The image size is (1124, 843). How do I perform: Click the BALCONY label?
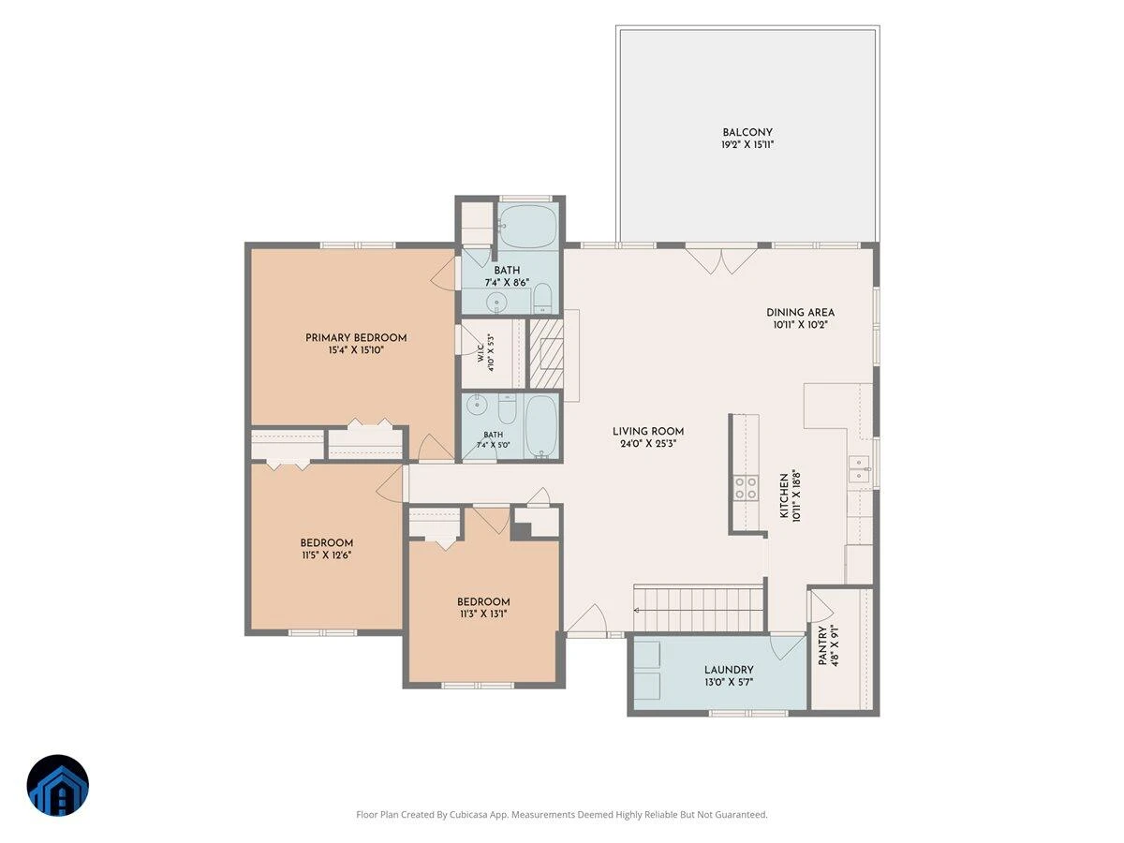point(747,132)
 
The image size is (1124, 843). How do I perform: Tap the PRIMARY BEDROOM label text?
point(356,338)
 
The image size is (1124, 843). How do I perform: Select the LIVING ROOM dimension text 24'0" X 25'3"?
point(648,444)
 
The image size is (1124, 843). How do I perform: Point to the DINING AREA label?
point(800,312)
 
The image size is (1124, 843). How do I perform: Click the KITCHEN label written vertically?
point(784,495)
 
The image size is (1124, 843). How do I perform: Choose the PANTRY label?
point(822,645)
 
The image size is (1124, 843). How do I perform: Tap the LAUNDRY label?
point(729,670)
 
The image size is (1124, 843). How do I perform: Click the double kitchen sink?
point(859,469)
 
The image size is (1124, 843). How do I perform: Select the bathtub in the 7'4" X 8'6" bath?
point(528,227)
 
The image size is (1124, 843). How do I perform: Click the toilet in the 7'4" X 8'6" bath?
point(542,299)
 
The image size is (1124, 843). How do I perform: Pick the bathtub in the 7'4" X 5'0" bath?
point(540,426)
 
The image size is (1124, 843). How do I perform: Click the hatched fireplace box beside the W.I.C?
point(546,353)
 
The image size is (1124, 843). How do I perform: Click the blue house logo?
point(58,785)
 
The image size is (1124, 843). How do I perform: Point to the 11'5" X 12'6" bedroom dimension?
point(327,555)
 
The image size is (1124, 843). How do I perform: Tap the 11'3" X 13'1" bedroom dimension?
point(483,614)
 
